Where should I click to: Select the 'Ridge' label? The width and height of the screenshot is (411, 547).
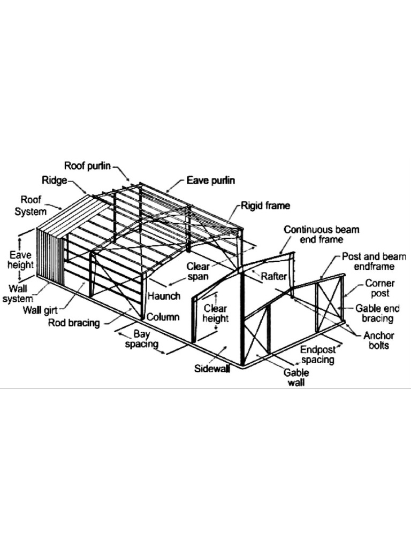pyautogui.click(x=54, y=180)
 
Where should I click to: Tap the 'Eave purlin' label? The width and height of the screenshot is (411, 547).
pyautogui.click(x=210, y=181)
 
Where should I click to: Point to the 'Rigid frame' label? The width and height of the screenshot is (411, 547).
pyautogui.click(x=265, y=205)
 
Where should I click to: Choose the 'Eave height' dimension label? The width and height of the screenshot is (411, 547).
pyautogui.click(x=21, y=260)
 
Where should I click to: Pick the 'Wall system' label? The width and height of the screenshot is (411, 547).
pyautogui.click(x=18, y=294)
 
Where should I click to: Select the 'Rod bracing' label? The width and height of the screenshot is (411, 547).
pyautogui.click(x=73, y=323)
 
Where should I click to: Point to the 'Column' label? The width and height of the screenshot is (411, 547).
pyautogui.click(x=163, y=317)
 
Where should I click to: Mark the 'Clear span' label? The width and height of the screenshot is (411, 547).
pyautogui.click(x=197, y=271)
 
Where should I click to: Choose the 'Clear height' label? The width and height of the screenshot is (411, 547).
pyautogui.click(x=216, y=314)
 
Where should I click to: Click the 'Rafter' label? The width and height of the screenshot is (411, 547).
pyautogui.click(x=274, y=276)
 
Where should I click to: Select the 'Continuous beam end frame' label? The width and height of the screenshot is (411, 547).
pyautogui.click(x=321, y=235)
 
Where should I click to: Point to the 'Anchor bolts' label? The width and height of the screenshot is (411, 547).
pyautogui.click(x=378, y=341)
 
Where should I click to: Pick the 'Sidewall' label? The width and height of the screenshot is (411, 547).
pyautogui.click(x=212, y=369)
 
